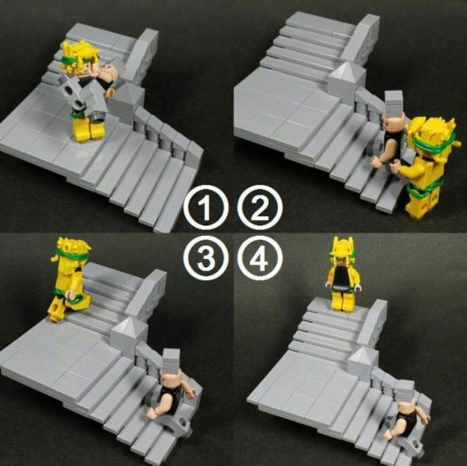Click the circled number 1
(x=206, y=208)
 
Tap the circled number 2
(x=260, y=208)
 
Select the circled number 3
(x=206, y=258)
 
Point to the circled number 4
(x=260, y=258)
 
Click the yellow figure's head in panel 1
(x=80, y=60)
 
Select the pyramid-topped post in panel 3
(x=129, y=336)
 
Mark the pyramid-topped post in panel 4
(x=361, y=362)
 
